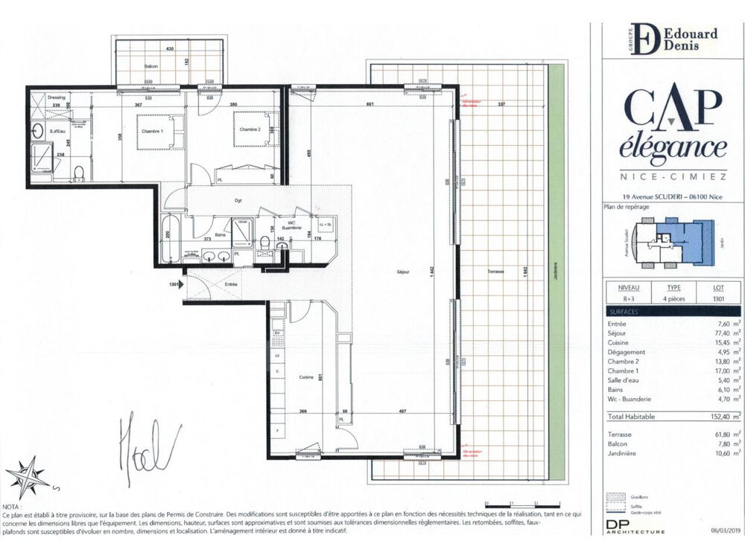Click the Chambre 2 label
tap(250, 129)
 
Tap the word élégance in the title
tap(673, 147)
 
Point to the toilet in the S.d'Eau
tap(79, 175)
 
